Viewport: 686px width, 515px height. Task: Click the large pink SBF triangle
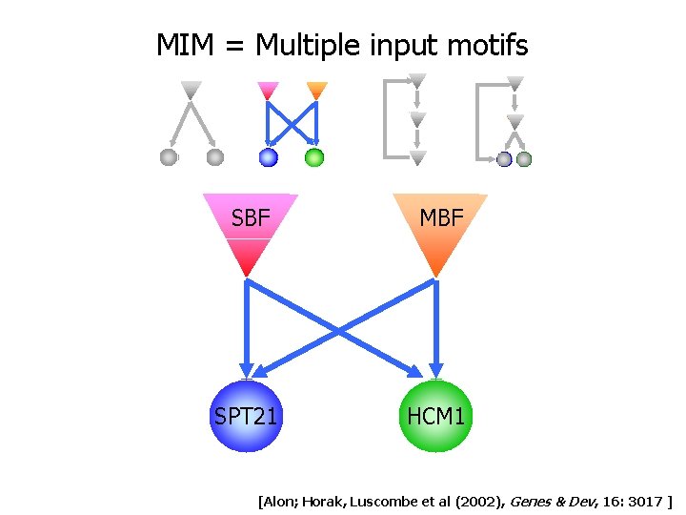point(250,229)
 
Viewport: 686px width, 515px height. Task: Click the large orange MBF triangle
point(439,229)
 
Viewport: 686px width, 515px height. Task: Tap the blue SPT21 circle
point(247,416)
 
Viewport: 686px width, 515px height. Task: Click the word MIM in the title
point(184,45)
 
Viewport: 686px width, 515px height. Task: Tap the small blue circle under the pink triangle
point(269,157)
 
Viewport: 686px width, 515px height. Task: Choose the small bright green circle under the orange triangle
point(314,157)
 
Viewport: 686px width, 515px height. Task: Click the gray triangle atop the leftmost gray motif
point(192,91)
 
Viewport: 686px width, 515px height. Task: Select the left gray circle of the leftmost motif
point(169,157)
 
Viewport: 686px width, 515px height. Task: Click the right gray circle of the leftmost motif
point(215,157)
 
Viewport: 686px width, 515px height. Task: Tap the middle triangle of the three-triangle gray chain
point(417,120)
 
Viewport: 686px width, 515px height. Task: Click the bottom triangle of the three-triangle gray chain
point(417,157)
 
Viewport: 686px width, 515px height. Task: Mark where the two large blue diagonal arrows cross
point(342,330)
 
